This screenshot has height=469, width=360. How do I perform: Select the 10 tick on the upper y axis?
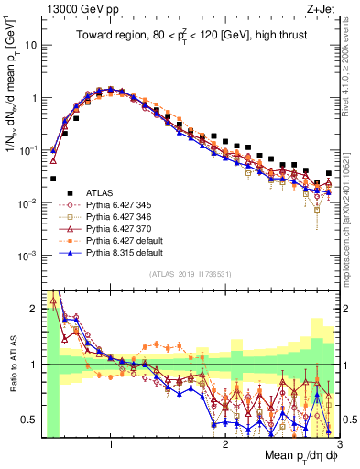31,44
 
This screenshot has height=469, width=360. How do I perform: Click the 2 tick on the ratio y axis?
33,309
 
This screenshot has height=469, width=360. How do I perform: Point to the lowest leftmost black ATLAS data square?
53,179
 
